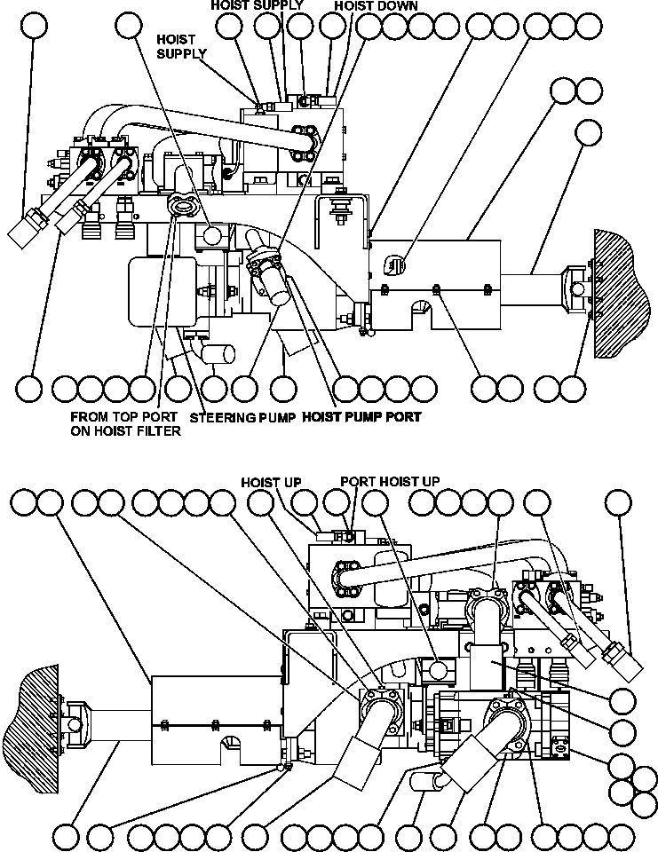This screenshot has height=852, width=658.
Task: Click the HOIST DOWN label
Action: (x=376, y=5)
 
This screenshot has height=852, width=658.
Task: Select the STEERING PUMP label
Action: (x=242, y=416)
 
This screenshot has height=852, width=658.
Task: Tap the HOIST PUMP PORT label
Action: (x=361, y=416)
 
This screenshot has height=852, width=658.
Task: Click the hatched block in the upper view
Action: (x=623, y=281)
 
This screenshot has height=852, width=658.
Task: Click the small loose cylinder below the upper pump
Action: (x=219, y=354)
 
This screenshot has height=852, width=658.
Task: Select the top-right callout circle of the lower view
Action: (x=618, y=503)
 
